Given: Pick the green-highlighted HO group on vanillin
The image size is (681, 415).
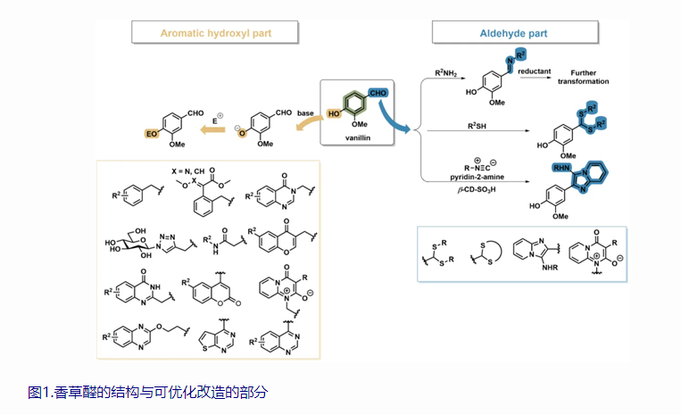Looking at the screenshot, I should tap(333, 115).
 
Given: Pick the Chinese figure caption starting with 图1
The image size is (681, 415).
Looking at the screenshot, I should tap(147, 391).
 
